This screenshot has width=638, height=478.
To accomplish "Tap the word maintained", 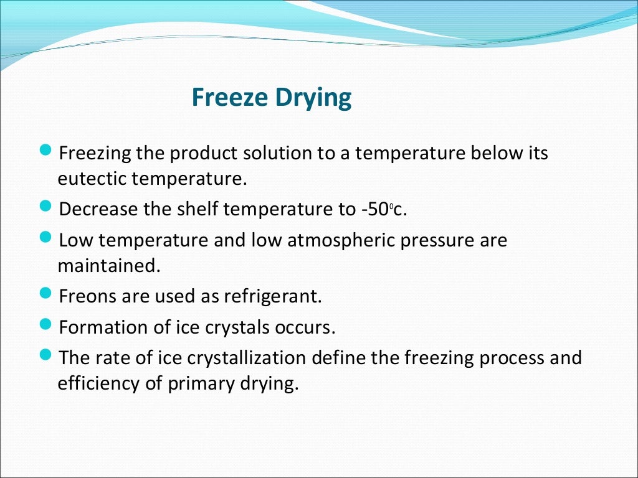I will [108, 266].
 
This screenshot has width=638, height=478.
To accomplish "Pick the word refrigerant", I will [269, 297].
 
